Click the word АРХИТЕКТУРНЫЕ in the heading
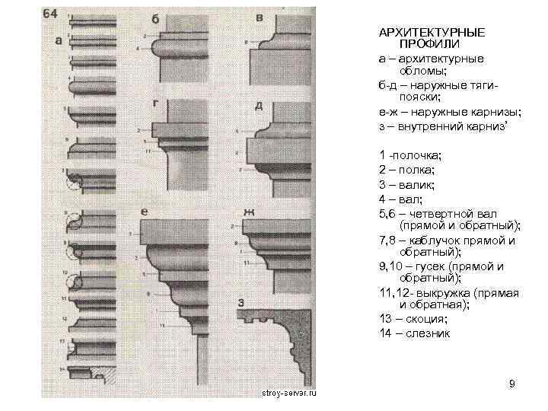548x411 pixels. point(432,34)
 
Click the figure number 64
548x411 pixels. point(51,14)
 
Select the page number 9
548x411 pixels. point(512,383)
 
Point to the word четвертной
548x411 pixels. point(448,214)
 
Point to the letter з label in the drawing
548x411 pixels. point(241,304)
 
